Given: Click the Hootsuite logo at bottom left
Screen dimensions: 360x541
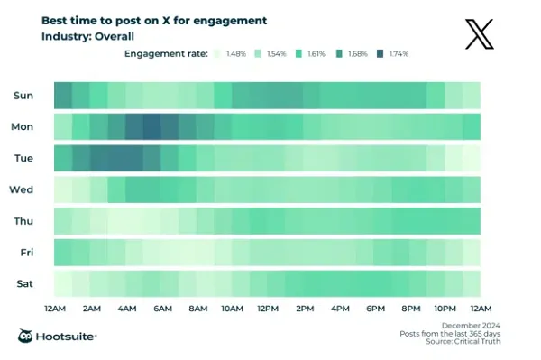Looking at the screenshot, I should coord(58,336).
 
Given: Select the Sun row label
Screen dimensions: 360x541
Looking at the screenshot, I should coord(23,95).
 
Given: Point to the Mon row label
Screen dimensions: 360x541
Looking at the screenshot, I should coord(23,126).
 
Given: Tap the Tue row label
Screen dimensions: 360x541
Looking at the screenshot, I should coord(24,158).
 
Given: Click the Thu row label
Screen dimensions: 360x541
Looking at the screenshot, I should coord(23,221).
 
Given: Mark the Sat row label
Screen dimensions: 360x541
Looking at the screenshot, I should coord(24,283).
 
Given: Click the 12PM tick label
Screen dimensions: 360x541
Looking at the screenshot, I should coord(267,309).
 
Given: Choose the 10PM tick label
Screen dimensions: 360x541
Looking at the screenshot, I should coord(445,309).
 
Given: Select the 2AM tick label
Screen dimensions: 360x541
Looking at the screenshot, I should coord(90,309).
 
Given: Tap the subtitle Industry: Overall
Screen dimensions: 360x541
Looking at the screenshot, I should coord(87,37).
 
